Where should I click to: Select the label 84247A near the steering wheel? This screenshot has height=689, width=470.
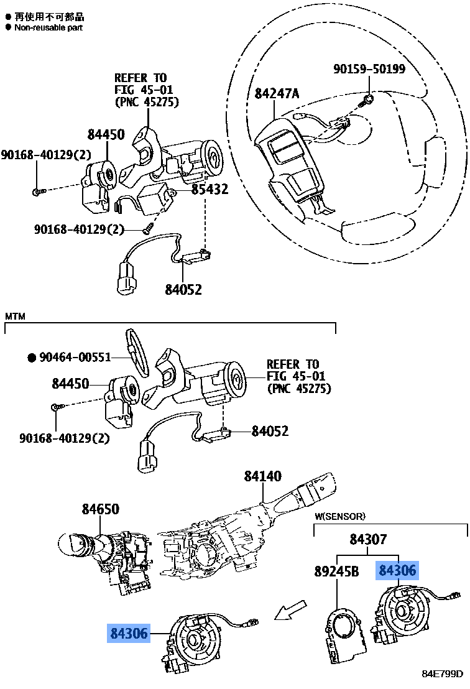coord(277,94)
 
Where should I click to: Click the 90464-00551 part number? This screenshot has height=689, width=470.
coord(75,358)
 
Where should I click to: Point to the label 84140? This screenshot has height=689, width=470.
coord(262,477)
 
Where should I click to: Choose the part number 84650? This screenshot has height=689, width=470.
coord(100,509)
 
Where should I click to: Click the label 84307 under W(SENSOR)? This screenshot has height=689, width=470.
coord(368,540)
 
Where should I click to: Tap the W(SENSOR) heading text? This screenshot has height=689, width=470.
coord(339,516)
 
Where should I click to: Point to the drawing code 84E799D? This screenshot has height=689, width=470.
coord(443,674)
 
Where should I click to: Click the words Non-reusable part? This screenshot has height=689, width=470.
coord(48,27)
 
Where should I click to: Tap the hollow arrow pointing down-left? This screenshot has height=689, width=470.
coord(291,611)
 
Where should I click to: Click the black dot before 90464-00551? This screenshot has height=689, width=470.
coord(30,358)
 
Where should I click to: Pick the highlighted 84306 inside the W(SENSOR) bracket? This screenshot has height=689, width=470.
coord(398,570)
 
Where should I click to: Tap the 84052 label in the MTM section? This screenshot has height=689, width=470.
coord(270,431)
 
